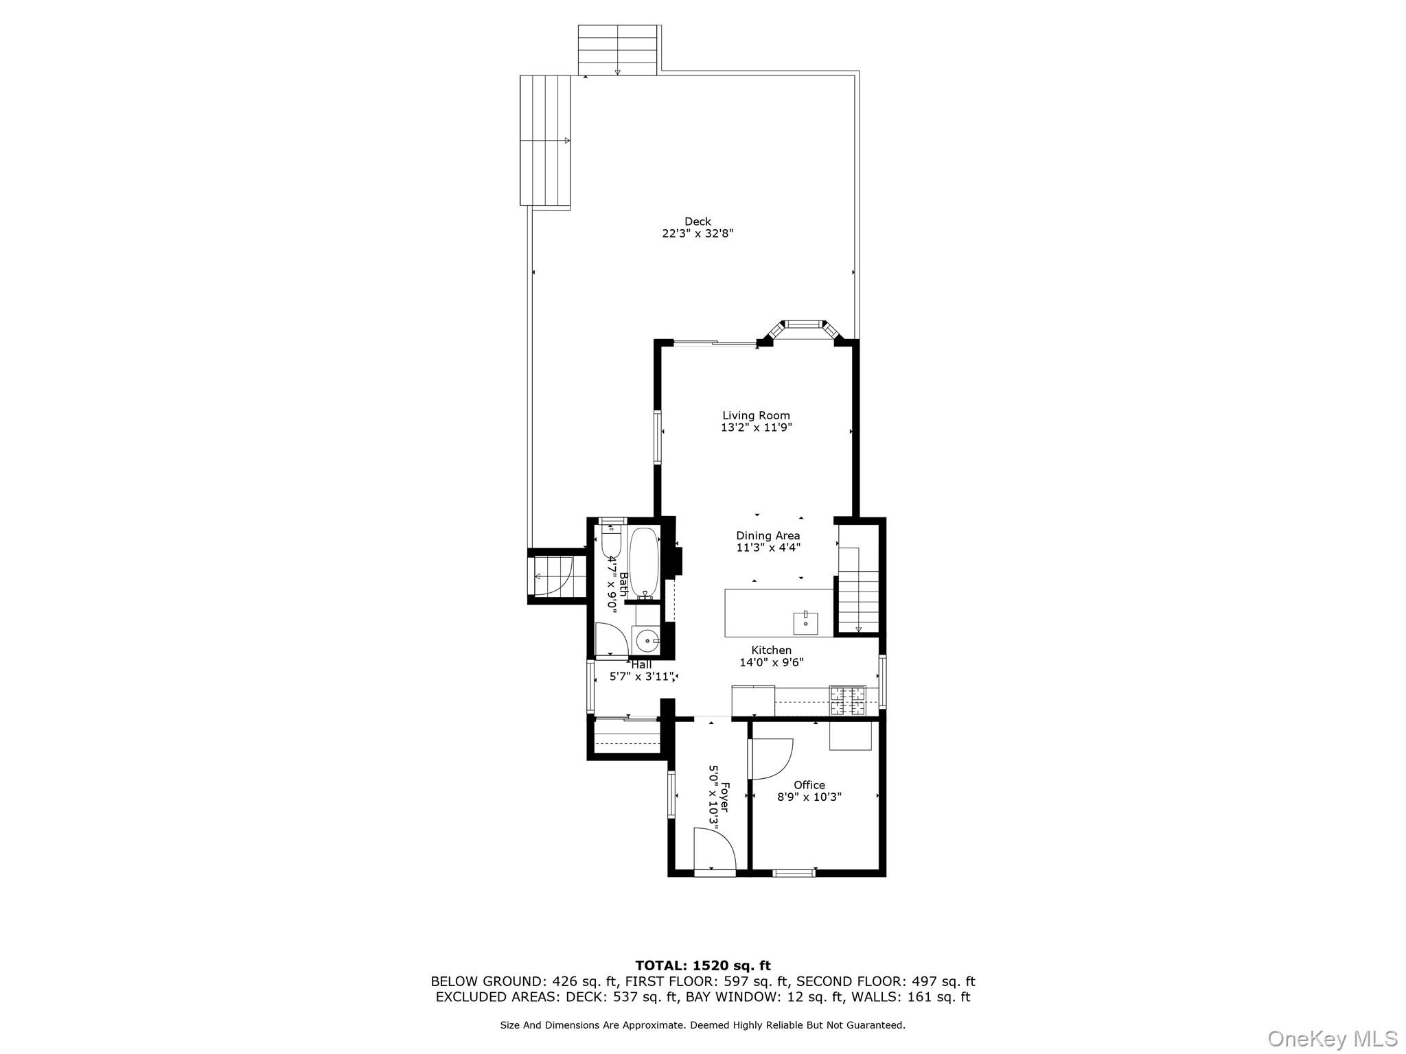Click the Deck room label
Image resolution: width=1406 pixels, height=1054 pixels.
click(698, 221)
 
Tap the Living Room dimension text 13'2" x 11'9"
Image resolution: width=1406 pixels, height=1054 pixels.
click(756, 428)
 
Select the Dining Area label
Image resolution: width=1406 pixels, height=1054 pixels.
click(768, 535)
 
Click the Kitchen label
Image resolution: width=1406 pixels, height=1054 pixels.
click(771, 650)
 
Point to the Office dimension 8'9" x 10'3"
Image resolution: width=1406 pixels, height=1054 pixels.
click(809, 797)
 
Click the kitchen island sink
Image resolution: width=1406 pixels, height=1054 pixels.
click(805, 623)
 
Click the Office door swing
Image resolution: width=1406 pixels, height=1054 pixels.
click(772, 758)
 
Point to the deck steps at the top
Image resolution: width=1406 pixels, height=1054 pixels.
click(618, 50)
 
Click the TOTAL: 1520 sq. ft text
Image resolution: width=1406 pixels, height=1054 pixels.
click(702, 966)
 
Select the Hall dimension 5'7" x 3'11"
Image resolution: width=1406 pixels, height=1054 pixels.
click(643, 677)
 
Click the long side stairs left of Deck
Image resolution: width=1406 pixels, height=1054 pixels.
click(545, 141)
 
